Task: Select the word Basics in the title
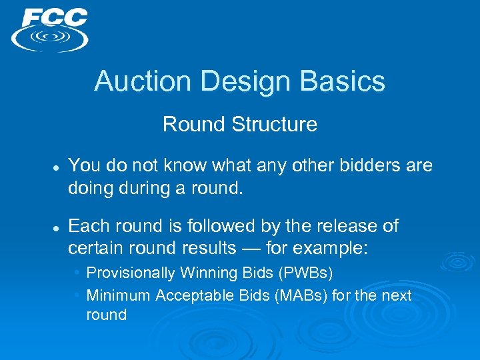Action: point(343,81)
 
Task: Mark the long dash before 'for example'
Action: point(251,248)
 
